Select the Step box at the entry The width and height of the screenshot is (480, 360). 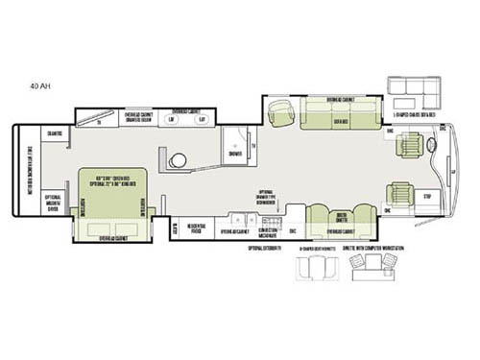pyautogui.click(x=427, y=196)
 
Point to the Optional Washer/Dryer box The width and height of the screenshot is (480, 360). pyautogui.click(x=55, y=203)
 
